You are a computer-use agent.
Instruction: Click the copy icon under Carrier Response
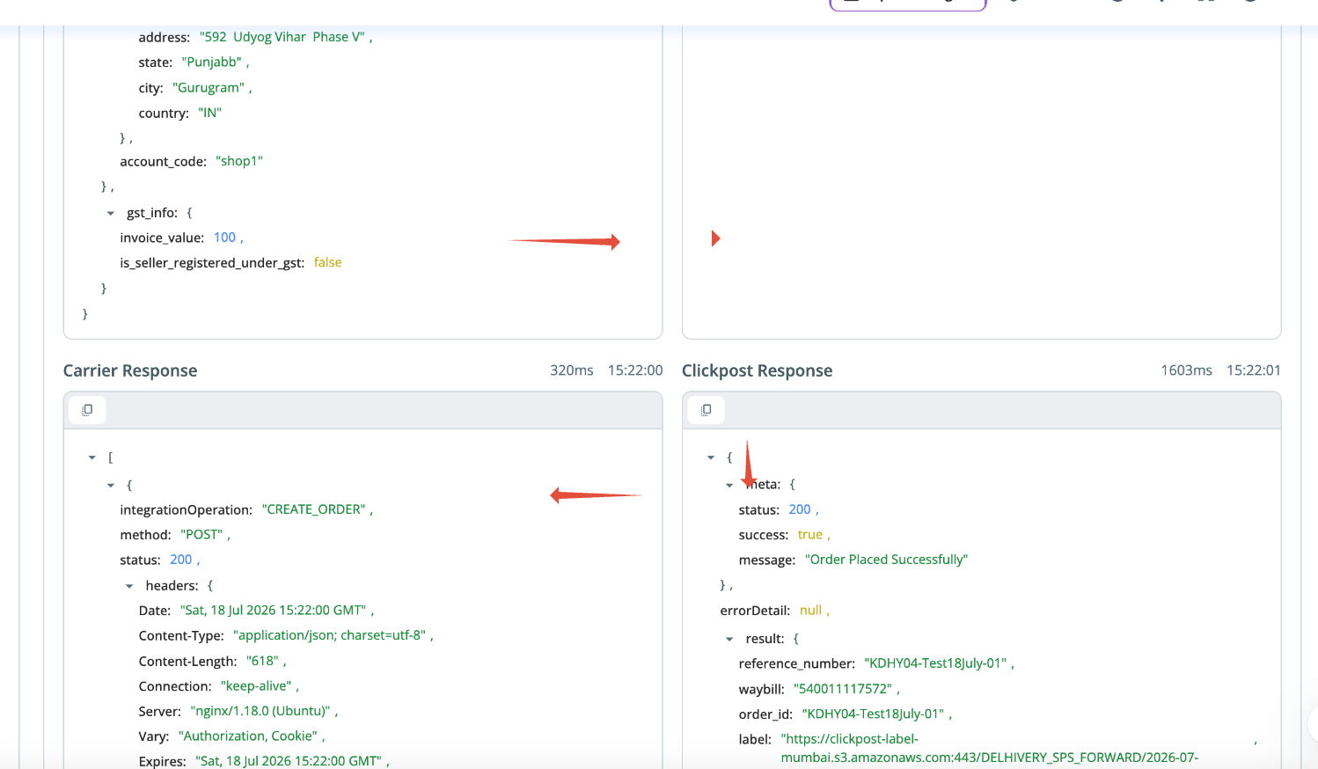pos(87,409)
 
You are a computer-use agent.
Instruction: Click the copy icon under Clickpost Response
pos(706,409)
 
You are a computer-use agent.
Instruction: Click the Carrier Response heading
pos(130,370)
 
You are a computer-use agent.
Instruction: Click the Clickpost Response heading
pos(757,370)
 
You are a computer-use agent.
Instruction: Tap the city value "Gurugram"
pos(209,88)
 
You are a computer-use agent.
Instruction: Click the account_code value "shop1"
pos(239,161)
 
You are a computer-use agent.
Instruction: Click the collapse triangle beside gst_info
pos(111,214)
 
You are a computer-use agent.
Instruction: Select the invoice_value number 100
pos(224,237)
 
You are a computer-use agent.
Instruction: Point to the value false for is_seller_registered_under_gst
pos(327,262)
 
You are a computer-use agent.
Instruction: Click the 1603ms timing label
pos(1186,370)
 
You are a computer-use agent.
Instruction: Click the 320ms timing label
pos(571,370)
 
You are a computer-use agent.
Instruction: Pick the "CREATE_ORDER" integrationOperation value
pos(313,509)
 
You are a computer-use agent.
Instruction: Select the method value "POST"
pos(201,535)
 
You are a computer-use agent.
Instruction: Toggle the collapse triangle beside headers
pos(129,587)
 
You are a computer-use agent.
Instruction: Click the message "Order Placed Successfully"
pos(886,560)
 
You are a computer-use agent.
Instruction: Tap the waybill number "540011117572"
pos(843,689)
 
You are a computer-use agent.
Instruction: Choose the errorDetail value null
pos(810,610)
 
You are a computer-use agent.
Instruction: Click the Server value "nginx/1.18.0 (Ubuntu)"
pos(260,711)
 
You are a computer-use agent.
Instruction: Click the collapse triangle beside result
pos(729,640)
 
